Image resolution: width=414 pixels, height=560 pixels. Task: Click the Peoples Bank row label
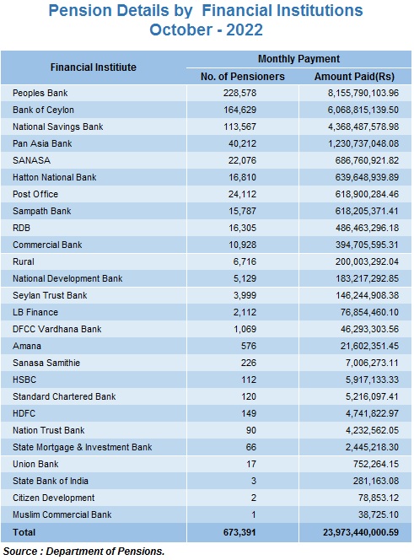(40, 94)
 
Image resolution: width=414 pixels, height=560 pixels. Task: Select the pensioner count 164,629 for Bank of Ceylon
(240, 110)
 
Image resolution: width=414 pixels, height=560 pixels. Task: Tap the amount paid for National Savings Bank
(363, 127)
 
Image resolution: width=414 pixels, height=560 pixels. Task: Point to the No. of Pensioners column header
(243, 77)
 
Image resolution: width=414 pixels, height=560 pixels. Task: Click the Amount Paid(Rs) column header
(354, 77)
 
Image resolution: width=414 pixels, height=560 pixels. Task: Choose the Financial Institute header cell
(94, 67)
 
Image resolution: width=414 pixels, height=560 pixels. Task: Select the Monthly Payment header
(298, 59)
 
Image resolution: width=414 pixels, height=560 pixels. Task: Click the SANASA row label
(31, 160)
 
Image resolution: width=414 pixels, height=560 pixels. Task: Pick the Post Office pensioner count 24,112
(242, 194)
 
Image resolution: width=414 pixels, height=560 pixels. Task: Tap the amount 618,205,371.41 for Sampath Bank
(367, 211)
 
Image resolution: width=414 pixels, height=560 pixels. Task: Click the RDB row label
(21, 228)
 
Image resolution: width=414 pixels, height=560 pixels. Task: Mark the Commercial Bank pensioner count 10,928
(243, 245)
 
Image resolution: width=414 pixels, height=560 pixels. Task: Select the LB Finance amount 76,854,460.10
(369, 313)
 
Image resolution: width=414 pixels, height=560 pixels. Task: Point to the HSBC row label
(24, 380)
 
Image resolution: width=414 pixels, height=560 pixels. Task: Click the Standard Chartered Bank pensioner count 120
(249, 396)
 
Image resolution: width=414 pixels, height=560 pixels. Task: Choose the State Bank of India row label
(51, 481)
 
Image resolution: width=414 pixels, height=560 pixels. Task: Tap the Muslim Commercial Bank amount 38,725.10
(379, 514)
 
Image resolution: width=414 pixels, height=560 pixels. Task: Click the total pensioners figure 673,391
(239, 532)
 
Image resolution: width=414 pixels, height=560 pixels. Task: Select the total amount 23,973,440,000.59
(361, 532)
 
